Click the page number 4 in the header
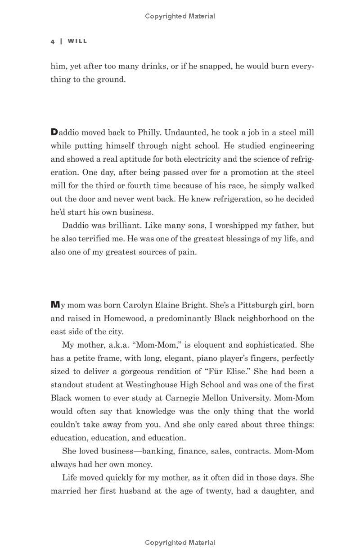click(x=53, y=41)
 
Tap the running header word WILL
click(x=77, y=41)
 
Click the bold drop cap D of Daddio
click(x=54, y=132)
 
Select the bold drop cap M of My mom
click(x=55, y=305)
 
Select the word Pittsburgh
click(x=257, y=305)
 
